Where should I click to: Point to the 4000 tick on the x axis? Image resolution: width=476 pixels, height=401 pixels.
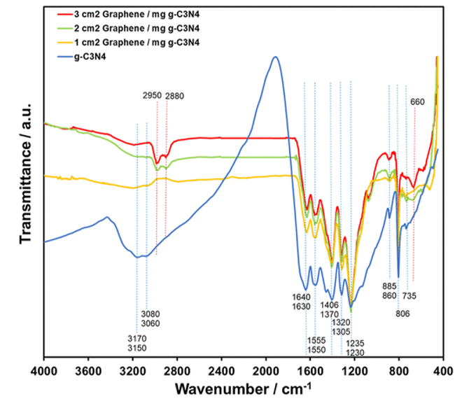coord(44,371)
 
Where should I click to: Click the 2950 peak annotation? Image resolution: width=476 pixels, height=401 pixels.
coord(152,95)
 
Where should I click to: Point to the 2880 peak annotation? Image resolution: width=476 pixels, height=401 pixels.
coord(176,95)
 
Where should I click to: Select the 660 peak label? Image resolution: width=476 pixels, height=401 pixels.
coord(418,102)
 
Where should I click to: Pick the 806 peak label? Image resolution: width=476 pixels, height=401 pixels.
coord(402,313)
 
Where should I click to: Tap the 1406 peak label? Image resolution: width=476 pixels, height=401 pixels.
coord(330,304)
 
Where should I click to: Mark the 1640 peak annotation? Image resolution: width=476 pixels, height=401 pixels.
coord(302,297)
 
